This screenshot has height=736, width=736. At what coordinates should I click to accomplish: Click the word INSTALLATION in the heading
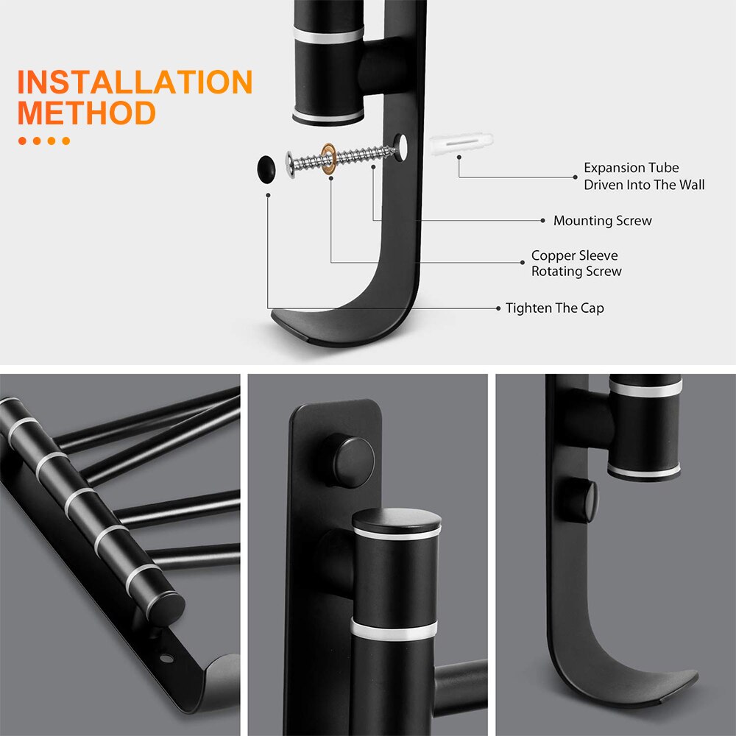point(135,82)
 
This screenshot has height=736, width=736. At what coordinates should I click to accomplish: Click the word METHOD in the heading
point(86,113)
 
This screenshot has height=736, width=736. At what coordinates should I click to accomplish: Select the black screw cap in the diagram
point(266,167)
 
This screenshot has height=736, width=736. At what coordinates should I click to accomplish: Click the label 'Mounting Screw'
point(602,221)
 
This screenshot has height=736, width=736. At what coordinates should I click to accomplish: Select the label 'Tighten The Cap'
point(554,308)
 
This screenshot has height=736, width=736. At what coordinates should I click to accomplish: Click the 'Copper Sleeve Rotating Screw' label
point(576,263)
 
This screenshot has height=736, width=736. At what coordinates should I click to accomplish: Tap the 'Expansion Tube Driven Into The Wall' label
point(644,177)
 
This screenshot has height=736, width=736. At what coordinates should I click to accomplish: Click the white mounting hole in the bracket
point(402,147)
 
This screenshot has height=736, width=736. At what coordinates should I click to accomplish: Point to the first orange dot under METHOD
point(22,141)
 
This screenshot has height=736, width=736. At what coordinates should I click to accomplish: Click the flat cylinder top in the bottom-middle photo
point(397,520)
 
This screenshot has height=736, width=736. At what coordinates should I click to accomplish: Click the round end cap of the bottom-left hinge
point(168,608)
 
